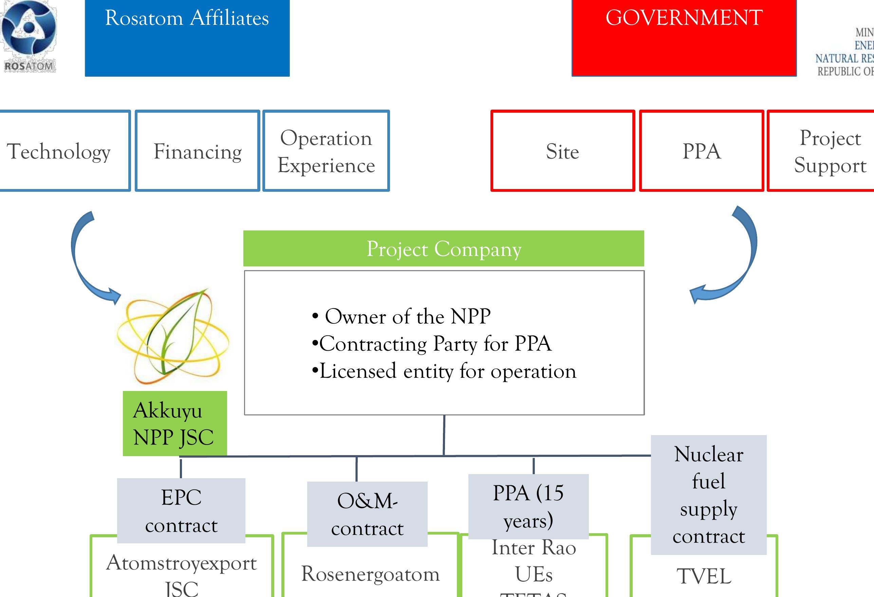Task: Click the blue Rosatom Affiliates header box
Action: click(187, 38)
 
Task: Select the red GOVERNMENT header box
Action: click(684, 38)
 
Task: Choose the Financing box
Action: click(198, 151)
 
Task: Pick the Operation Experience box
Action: click(326, 151)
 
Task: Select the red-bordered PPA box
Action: click(701, 151)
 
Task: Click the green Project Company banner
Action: click(443, 248)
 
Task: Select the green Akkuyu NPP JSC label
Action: click(174, 424)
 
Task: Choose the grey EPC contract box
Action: click(181, 510)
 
